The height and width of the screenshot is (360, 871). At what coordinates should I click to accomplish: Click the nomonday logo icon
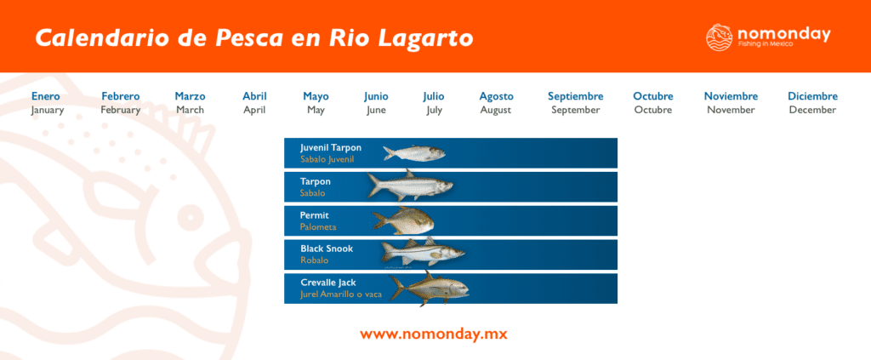point(720,37)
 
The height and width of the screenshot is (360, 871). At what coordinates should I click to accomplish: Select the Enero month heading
point(46,96)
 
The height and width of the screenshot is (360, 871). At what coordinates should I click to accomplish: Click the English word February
point(120,110)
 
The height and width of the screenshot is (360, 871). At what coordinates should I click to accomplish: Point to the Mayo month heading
point(316,96)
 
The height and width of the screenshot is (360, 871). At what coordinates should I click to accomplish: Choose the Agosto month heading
point(496,96)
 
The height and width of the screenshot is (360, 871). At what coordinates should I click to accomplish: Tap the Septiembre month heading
point(575,96)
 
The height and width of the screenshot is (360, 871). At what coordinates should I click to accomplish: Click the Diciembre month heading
point(812,96)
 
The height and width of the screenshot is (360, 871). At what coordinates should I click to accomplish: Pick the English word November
point(731,110)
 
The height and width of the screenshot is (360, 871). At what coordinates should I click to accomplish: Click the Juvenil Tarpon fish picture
point(413,153)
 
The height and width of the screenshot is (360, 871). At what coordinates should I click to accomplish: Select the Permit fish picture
point(403,220)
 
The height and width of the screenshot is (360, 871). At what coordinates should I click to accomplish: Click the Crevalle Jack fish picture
point(429,288)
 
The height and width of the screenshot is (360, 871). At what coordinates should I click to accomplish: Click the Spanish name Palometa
point(318,227)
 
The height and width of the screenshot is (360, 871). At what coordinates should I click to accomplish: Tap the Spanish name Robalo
point(314,260)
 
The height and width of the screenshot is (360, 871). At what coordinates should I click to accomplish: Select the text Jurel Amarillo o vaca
point(338,294)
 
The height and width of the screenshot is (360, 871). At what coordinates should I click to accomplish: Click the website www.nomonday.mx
point(434,334)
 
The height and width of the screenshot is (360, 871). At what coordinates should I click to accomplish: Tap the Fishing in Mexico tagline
point(766,43)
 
